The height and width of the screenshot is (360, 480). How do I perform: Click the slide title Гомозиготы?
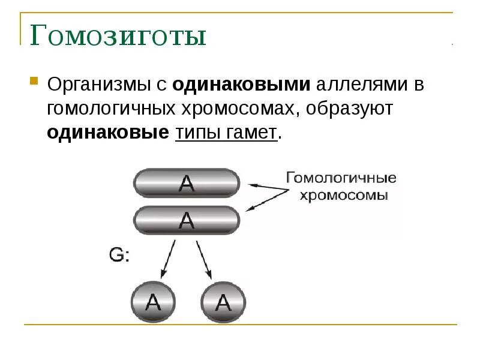(x=118, y=37)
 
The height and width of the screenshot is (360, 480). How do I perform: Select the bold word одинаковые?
(x=108, y=133)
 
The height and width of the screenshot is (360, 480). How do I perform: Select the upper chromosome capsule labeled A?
(x=187, y=184)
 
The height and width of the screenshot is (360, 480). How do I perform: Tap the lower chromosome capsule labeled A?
(x=187, y=220)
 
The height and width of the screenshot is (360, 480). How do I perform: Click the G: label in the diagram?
(x=120, y=255)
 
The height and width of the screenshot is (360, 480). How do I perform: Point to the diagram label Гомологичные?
(x=340, y=178)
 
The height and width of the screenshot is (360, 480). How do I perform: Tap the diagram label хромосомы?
(x=344, y=196)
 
